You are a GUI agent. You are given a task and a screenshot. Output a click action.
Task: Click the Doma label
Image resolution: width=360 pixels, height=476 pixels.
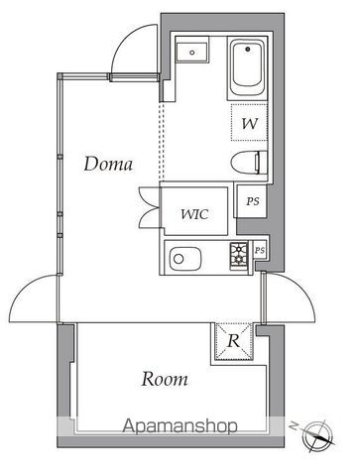[x=108, y=164]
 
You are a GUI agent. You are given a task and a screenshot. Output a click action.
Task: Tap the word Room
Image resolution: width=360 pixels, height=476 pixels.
[x=165, y=378]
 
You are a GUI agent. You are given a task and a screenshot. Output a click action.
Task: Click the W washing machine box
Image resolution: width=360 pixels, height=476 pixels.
[x=249, y=124]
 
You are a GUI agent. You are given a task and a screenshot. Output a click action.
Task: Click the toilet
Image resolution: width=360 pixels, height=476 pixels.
[x=248, y=163]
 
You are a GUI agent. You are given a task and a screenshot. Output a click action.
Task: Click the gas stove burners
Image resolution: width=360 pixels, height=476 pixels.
[x=241, y=256]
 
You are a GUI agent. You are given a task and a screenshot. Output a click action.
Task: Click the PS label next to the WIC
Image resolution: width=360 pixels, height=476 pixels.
[x=252, y=201]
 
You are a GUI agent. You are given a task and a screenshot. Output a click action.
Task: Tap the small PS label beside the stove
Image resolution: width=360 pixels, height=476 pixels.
[x=260, y=250]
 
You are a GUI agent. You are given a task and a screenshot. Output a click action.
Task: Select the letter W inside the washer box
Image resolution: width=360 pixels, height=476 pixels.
[x=249, y=124]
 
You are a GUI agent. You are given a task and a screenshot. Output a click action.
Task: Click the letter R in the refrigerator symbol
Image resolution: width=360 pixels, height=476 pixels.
[x=235, y=342]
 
